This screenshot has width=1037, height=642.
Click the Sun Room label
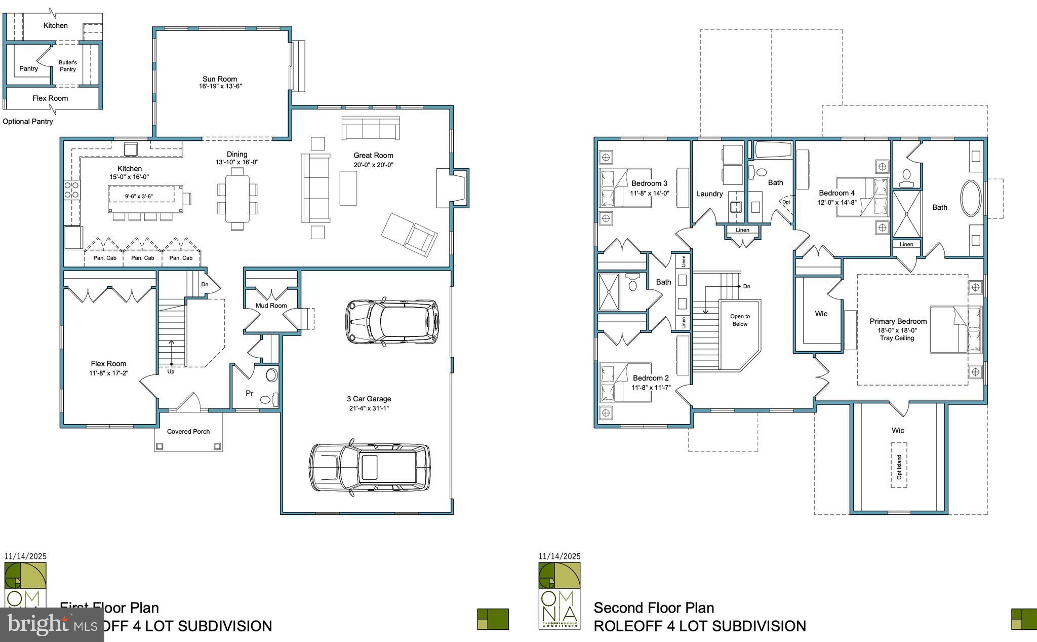coord(220,79)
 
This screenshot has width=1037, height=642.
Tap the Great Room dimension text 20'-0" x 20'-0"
coord(374,165)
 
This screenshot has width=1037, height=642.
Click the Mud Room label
coord(271,306)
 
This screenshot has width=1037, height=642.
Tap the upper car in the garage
coord(392,321)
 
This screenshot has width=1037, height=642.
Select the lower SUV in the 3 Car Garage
coord(370,467)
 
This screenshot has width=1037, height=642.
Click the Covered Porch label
coord(188,432)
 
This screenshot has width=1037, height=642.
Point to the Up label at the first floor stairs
coord(171,371)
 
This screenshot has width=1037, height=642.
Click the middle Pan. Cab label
coord(143,258)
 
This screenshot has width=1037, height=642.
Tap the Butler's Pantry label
coord(68,66)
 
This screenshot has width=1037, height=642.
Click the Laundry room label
coord(709,194)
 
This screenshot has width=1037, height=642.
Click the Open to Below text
coord(740,320)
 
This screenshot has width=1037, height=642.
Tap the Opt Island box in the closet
coord(899,466)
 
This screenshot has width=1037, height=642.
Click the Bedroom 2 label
coord(651,378)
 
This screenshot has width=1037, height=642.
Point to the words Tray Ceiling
coord(897,338)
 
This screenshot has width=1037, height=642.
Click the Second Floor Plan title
coord(654,608)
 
